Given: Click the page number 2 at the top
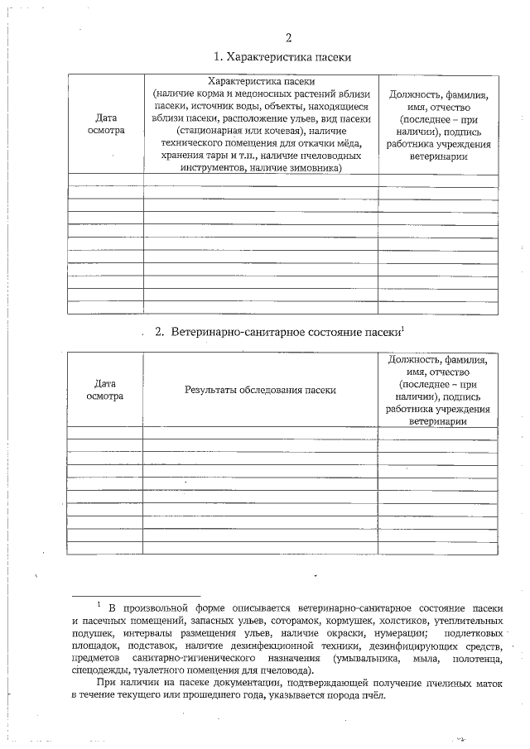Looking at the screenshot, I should pos(288,37).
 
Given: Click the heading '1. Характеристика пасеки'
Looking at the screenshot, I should pos(282,57).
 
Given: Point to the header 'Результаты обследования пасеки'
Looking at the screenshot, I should pos(260,389).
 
